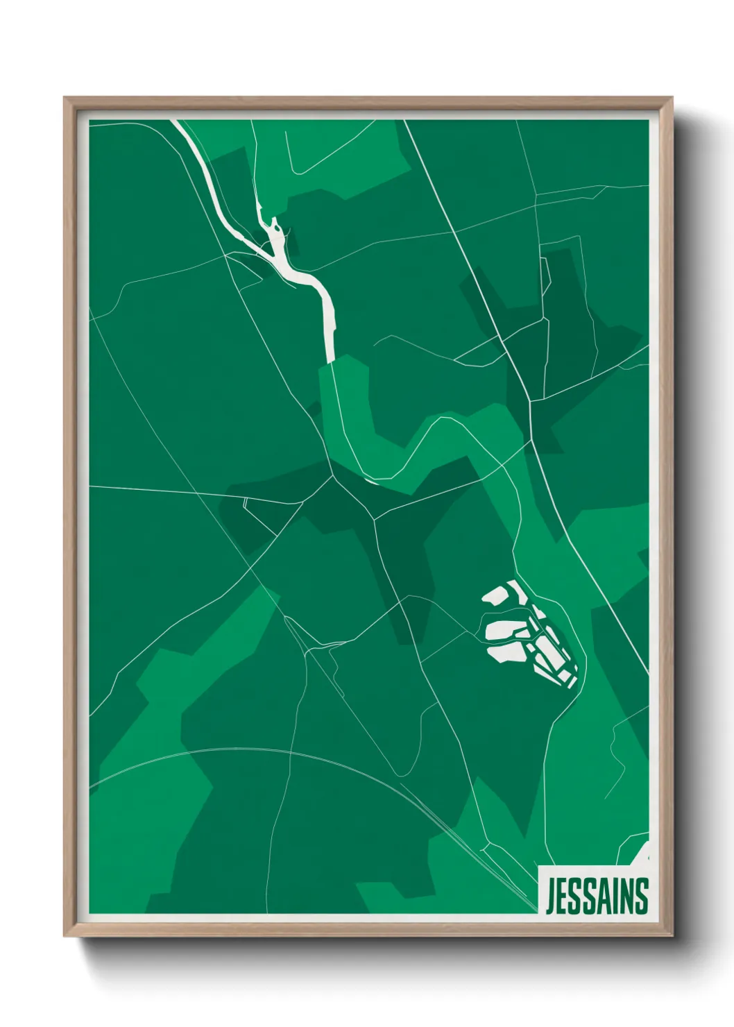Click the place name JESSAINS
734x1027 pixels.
pos(596,896)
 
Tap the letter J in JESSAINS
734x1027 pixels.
pos(550,897)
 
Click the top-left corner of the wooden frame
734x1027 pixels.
pos(65,98)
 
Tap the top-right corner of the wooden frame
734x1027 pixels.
pos(672,98)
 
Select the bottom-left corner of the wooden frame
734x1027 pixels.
pos(65,936)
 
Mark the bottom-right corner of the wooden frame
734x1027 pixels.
pos(672,936)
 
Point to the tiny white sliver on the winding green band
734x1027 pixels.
pos(371,479)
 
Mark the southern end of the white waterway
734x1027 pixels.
pos(331,357)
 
